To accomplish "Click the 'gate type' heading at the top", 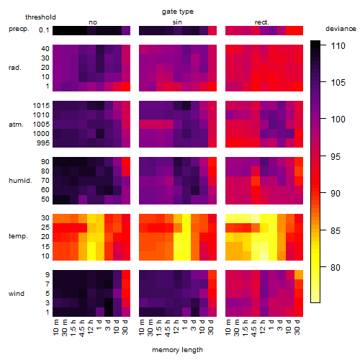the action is pyautogui.click(x=178, y=12).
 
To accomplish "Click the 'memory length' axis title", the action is pyautogui.click(x=177, y=350).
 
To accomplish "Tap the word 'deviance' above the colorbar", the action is pyautogui.click(x=341, y=29).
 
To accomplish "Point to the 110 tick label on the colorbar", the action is pyautogui.click(x=338, y=45).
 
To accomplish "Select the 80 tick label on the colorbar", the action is pyautogui.click(x=336, y=267).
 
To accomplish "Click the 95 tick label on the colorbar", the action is pyautogui.click(x=336, y=156).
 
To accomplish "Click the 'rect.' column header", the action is pyautogui.click(x=262, y=22).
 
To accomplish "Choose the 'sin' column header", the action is pyautogui.click(x=177, y=22).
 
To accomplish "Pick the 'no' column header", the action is pyautogui.click(x=93, y=22).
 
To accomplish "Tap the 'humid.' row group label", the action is pyautogui.click(x=20, y=181).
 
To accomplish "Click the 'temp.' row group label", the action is pyautogui.click(x=18, y=236).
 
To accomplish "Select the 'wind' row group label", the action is pyautogui.click(x=17, y=294).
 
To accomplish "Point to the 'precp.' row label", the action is pyautogui.click(x=19, y=29).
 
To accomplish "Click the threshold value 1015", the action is pyautogui.click(x=41, y=105).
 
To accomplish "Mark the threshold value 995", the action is pyautogui.click(x=43, y=143).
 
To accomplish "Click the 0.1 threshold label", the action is pyautogui.click(x=44, y=30).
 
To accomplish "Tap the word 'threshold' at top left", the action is pyautogui.click(x=40, y=17).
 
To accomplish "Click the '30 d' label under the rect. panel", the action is pyautogui.click(x=297, y=327).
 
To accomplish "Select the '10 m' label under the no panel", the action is pyautogui.click(x=55, y=327).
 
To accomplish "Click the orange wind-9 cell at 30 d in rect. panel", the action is pyautogui.click(x=299, y=275).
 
